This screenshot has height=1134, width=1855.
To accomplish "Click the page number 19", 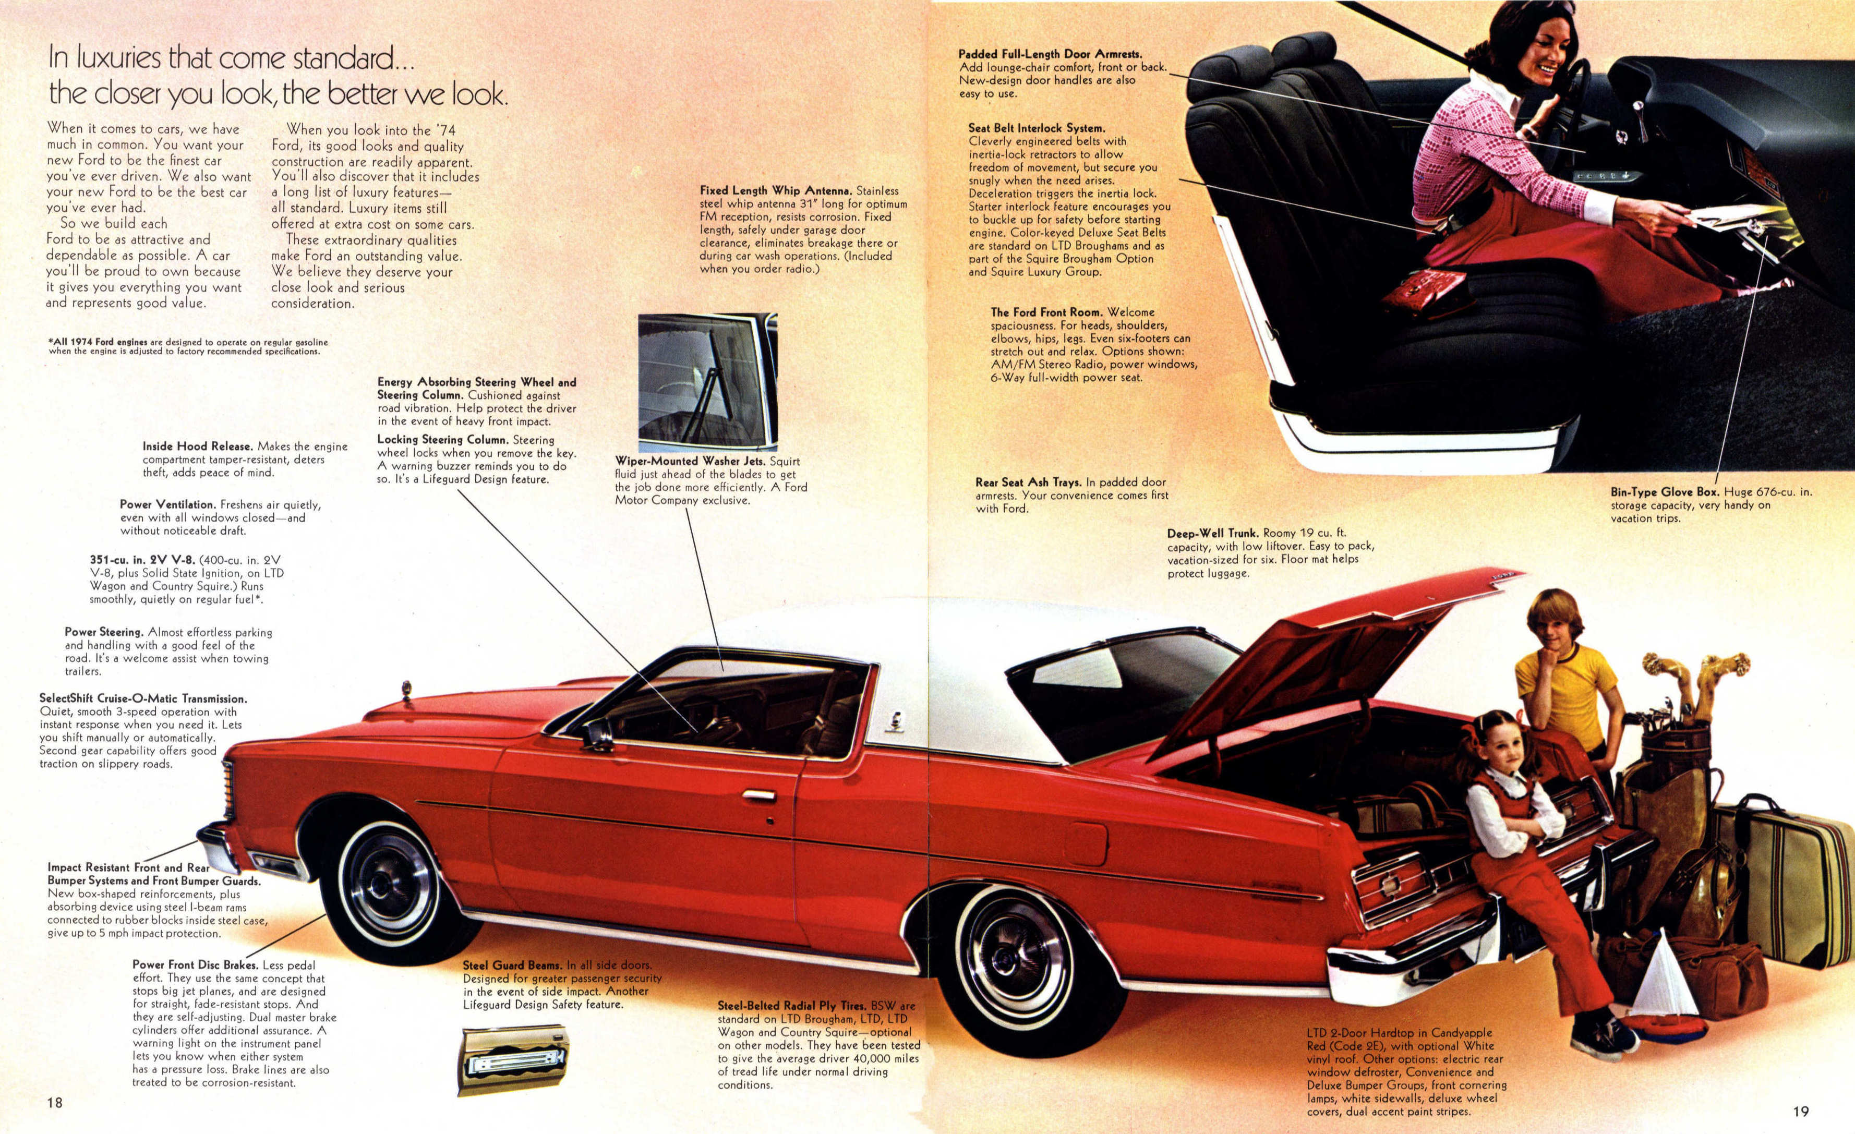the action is click(x=1800, y=1111).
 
